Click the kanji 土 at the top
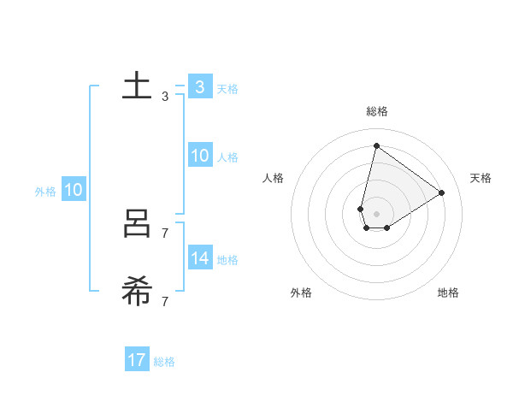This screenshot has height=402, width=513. coord(137,87)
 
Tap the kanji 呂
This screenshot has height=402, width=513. coord(137,225)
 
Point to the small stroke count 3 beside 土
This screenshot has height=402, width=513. coord(165,97)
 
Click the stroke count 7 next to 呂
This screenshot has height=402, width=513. coord(165,233)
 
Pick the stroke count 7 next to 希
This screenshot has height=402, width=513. coord(165,301)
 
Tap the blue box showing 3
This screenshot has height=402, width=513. coord(199,87)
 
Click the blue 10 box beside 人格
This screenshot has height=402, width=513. coord(199,156)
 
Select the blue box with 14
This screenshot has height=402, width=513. coord(199,258)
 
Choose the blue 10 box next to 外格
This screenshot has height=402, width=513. coord(73,190)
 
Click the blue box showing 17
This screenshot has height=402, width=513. coord(136,360)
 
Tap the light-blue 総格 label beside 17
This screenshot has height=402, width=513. coord(164,362)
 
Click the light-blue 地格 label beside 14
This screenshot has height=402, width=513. coord(227,260)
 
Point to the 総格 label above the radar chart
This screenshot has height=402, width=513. coord(376,111)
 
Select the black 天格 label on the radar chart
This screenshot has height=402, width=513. coord(481,178)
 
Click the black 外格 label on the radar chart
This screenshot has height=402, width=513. coord(301,293)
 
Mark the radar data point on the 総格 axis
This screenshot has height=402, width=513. coord(376,145)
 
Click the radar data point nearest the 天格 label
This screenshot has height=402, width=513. coord(441,192)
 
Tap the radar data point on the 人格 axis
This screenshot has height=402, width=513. coord(361,209)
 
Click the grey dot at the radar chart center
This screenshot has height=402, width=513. coord(376,214)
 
